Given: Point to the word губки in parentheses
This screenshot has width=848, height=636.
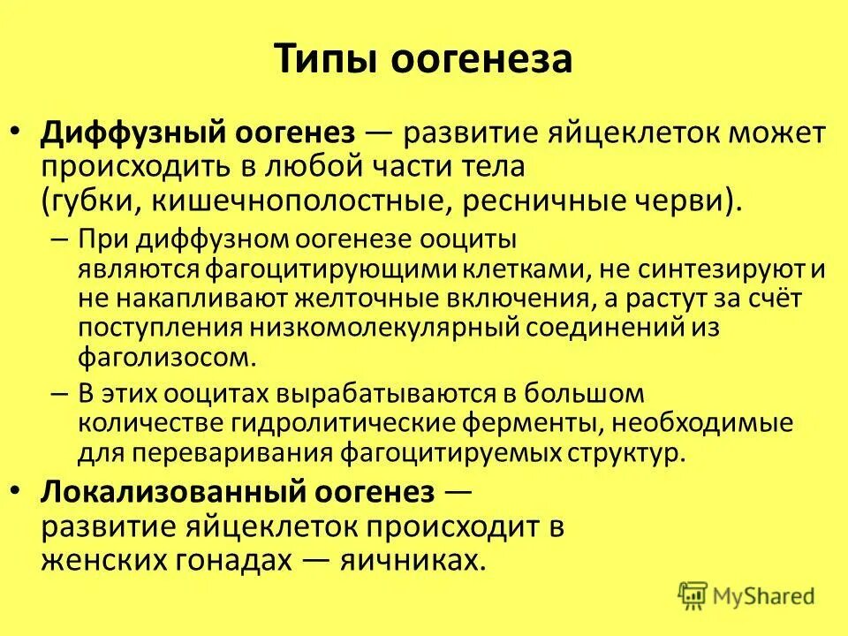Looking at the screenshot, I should [x=87, y=198].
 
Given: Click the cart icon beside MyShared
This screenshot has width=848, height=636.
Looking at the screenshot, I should [x=693, y=596].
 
